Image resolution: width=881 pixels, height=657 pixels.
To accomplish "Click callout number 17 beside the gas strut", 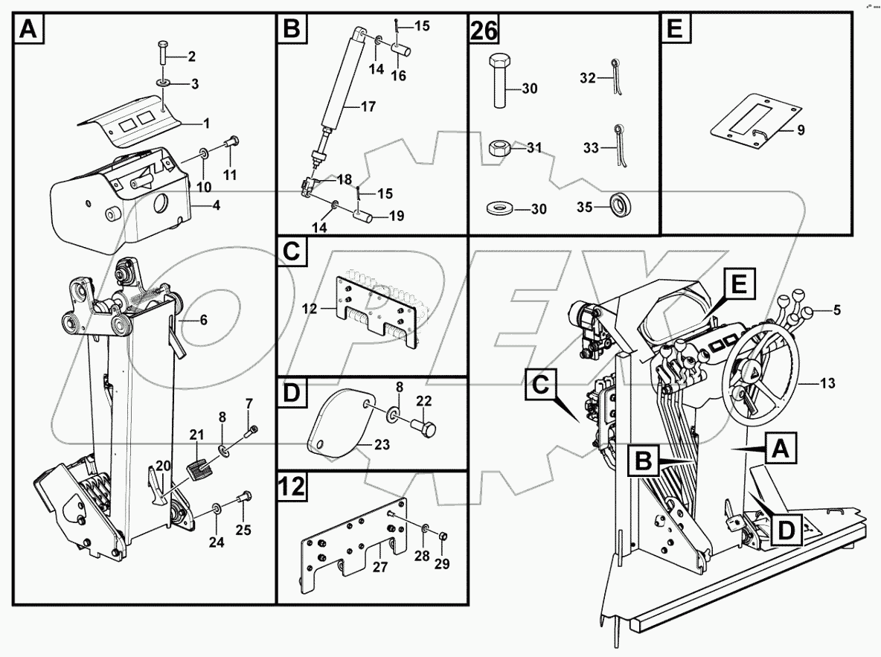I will [x=368, y=106].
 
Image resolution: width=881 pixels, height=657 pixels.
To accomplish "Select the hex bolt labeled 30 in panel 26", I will [x=498, y=81].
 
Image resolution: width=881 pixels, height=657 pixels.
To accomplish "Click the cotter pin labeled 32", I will [x=617, y=77].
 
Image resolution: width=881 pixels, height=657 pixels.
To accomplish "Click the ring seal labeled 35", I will [x=619, y=205].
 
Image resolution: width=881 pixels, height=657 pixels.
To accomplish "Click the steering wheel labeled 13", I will [x=760, y=379].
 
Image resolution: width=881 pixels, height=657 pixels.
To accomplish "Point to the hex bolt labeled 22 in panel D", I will [x=426, y=428].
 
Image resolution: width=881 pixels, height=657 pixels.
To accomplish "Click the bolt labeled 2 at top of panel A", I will [x=163, y=54].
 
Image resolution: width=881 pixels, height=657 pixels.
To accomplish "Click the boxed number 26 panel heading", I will [x=483, y=31].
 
